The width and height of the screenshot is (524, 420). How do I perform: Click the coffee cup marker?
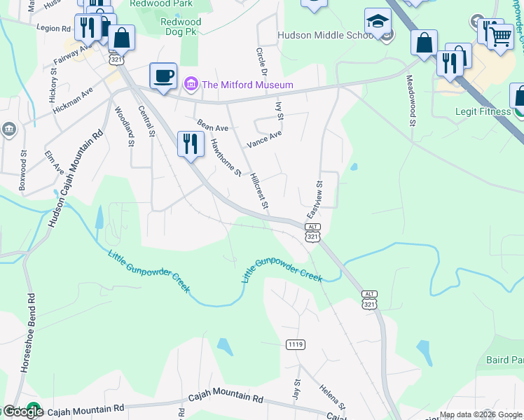pos(163,76)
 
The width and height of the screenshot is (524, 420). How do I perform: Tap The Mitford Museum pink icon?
pos(189,85)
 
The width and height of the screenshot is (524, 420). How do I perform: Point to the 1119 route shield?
pos(296,344)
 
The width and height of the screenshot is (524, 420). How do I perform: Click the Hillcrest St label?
pos(259,191)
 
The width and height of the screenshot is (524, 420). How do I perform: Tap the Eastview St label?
pos(315,199)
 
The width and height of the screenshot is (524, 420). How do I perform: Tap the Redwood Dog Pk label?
pos(181,27)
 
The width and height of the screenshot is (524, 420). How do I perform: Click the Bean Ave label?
pos(212,125)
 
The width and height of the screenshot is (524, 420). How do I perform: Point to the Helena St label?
pos(333,397)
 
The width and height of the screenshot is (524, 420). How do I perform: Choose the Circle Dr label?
pos(262,62)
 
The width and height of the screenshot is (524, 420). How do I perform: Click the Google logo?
pos(23,411)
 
